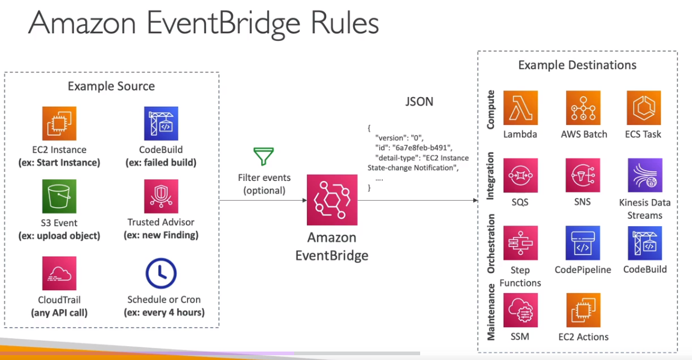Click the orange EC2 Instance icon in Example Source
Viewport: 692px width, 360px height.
(59, 124)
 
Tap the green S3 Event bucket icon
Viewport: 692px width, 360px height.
(59, 197)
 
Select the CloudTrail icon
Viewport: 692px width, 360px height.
(59, 273)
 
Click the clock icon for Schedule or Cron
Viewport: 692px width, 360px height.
(161, 273)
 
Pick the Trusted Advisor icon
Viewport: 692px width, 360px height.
(161, 197)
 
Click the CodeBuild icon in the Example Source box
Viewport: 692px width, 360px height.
(161, 124)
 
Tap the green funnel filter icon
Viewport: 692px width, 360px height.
(263, 157)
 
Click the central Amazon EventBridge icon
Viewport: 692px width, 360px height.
(332, 200)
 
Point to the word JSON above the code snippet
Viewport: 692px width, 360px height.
(419, 101)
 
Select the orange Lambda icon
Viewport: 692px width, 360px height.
(520, 108)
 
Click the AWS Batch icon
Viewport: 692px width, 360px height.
(583, 108)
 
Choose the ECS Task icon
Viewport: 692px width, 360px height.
(644, 108)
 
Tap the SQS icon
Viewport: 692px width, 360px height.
(520, 175)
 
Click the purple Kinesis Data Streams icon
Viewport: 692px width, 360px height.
(645, 175)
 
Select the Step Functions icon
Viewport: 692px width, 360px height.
(520, 243)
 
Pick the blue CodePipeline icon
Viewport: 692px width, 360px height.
(583, 243)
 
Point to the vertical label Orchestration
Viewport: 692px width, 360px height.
(491, 244)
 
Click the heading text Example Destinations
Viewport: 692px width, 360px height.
(577, 65)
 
